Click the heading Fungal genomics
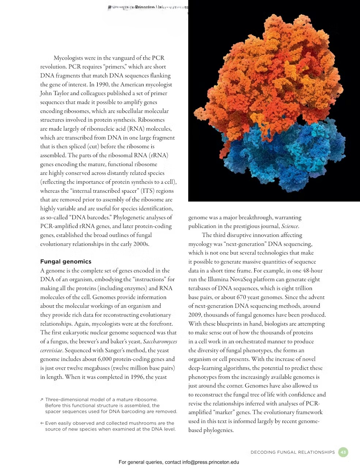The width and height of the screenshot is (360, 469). (x=66, y=262)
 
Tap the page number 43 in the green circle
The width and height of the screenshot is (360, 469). (x=343, y=452)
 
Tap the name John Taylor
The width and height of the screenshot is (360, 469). (x=54, y=93)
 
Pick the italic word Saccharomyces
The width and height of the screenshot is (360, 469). (x=160, y=341)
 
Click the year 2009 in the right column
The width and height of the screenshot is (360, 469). (x=195, y=315)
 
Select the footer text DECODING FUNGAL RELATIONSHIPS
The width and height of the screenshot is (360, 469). (x=292, y=453)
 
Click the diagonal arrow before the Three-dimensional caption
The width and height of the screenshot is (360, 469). (x=42, y=400)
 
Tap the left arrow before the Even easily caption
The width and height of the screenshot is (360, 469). (x=42, y=423)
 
